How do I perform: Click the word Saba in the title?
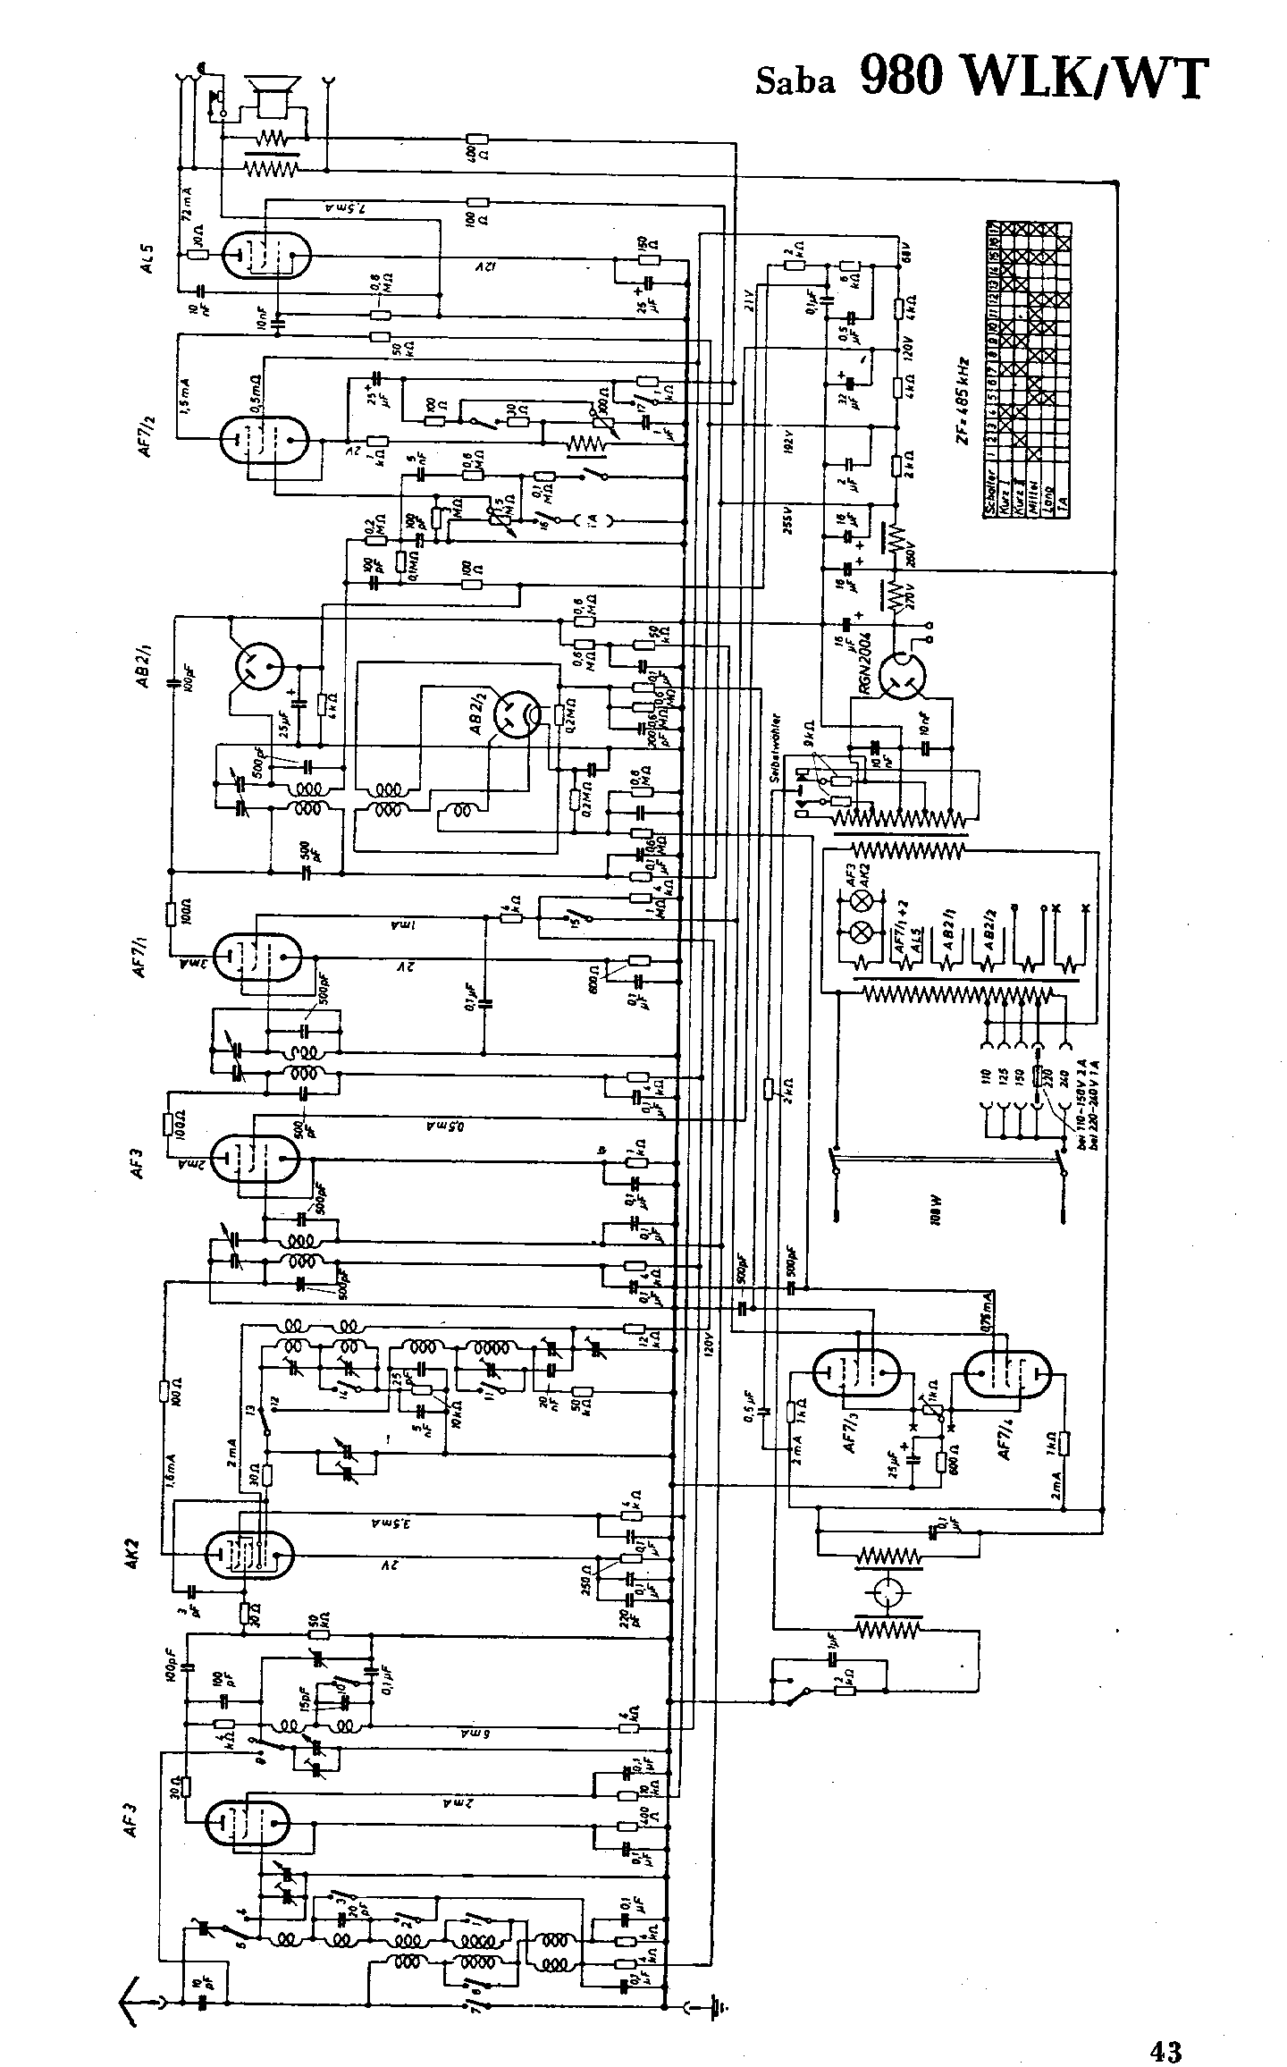[795, 81]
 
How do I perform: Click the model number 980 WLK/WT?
[1034, 76]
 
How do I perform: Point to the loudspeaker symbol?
[271, 93]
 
